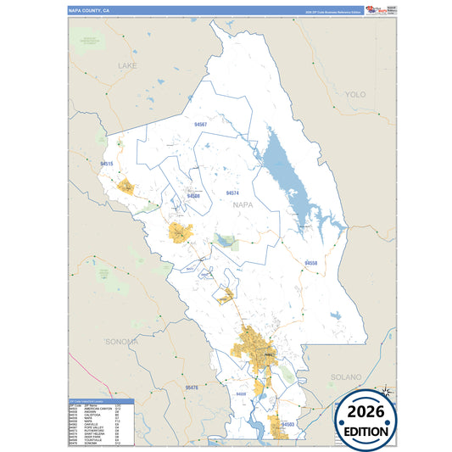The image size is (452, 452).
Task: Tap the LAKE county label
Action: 127,65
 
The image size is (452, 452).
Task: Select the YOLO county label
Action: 355,94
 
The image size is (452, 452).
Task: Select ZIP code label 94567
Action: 201,125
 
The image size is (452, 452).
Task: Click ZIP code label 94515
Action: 106,164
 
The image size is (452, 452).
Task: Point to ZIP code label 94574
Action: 232,193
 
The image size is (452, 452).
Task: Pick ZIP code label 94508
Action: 194,196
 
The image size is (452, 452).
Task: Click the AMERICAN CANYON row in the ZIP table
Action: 92,409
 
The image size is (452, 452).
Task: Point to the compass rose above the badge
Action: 386,391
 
